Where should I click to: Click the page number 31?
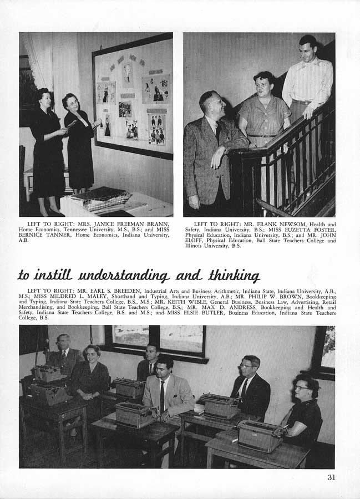(331, 477)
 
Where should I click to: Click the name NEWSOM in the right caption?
(260, 224)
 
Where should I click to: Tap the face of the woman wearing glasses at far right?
(303, 388)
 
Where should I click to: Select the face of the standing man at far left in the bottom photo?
(63, 344)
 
